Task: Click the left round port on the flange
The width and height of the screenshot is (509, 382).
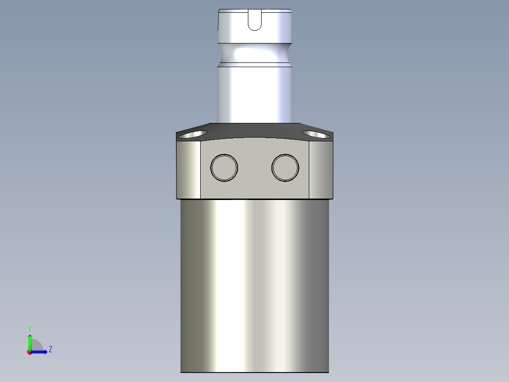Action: coord(224,167)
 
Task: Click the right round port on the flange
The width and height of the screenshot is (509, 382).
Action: coord(285,167)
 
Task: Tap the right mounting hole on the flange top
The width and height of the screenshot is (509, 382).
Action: coord(316,135)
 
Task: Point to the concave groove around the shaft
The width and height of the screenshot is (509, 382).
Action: coord(254,53)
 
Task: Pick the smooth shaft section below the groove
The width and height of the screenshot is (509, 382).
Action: coord(254,92)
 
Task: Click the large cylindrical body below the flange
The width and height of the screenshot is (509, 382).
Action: coord(254,284)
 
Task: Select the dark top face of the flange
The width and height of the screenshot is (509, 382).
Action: coord(254,130)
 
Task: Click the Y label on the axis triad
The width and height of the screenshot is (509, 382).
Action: coord(29,328)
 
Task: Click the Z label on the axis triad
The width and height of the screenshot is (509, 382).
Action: coord(50,349)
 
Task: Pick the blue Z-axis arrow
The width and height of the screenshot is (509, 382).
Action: coord(40,352)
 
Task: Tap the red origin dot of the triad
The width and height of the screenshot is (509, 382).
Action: coord(29,352)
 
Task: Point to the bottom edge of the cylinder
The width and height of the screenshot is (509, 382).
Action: coord(254,372)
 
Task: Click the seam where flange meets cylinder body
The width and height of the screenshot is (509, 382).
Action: coord(254,199)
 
